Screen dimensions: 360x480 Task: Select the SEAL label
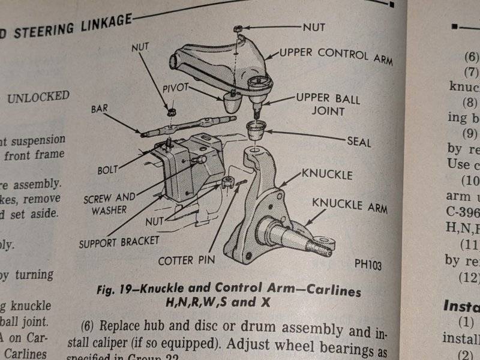359,143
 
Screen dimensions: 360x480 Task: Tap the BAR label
99,110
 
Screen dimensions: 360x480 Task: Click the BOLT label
107,170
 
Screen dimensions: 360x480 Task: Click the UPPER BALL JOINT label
327,104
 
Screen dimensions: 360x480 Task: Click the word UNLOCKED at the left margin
37,97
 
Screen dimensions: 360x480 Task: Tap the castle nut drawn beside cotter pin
226,184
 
